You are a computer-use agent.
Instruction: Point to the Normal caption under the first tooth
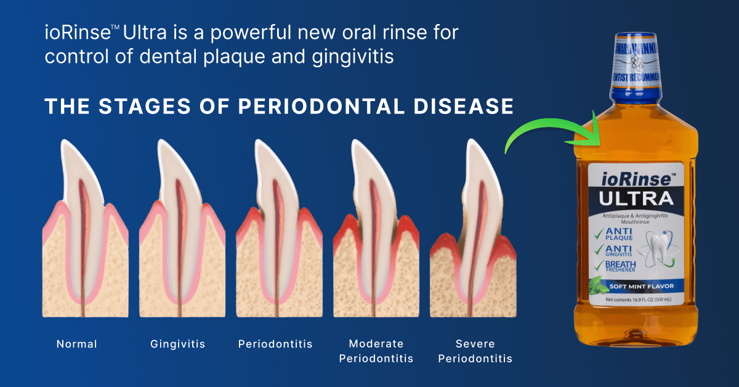click(x=77, y=344)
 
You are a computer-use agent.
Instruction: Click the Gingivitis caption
click(x=178, y=344)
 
